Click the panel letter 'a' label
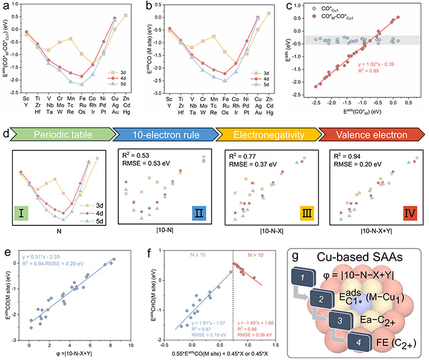click(x=5, y=7)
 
